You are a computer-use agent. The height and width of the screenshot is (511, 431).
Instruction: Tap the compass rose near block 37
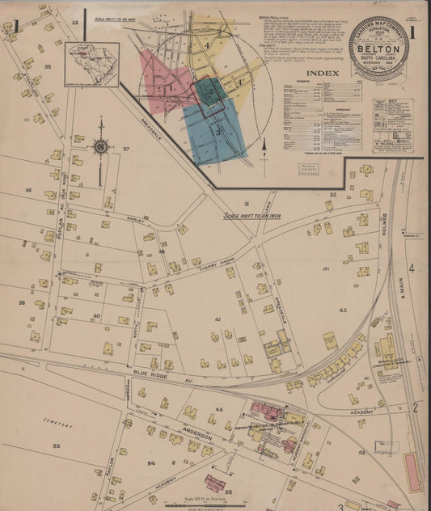click(x=100, y=146)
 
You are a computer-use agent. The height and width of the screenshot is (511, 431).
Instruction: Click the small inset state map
click(x=92, y=64)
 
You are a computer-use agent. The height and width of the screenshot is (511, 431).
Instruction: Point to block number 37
click(x=125, y=150)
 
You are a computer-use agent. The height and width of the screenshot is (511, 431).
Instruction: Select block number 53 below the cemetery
click(x=56, y=445)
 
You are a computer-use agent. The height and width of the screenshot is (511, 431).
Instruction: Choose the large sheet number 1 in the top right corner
click(x=412, y=33)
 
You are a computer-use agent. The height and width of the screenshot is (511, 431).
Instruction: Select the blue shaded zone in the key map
click(x=213, y=129)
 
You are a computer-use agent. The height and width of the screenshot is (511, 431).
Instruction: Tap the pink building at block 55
click(x=214, y=483)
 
